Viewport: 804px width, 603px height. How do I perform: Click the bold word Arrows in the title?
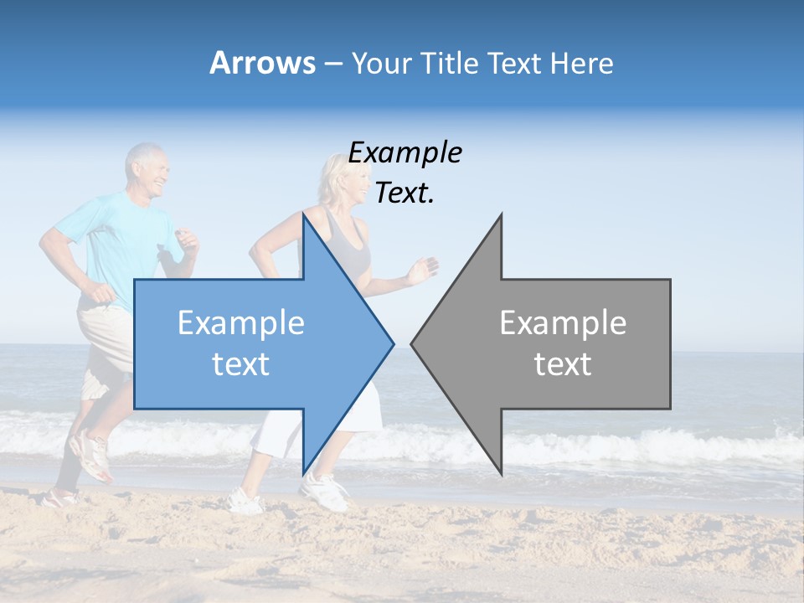(x=263, y=63)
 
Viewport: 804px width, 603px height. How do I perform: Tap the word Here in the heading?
(x=580, y=63)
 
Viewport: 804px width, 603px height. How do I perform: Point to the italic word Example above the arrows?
(x=405, y=152)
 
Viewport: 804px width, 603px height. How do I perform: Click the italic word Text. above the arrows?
(x=405, y=193)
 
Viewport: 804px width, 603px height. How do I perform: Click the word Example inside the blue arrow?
(x=241, y=322)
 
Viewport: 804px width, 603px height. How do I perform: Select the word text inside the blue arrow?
(x=241, y=364)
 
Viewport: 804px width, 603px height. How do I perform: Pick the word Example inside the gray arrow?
(x=563, y=322)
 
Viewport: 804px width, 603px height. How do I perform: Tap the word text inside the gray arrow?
(x=563, y=364)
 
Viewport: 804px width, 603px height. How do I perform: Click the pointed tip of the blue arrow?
(x=392, y=343)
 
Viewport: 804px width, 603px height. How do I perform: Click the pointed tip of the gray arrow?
(x=413, y=343)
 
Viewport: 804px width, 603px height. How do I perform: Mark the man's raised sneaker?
(x=90, y=456)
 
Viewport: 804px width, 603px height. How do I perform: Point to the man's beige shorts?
(x=105, y=335)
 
